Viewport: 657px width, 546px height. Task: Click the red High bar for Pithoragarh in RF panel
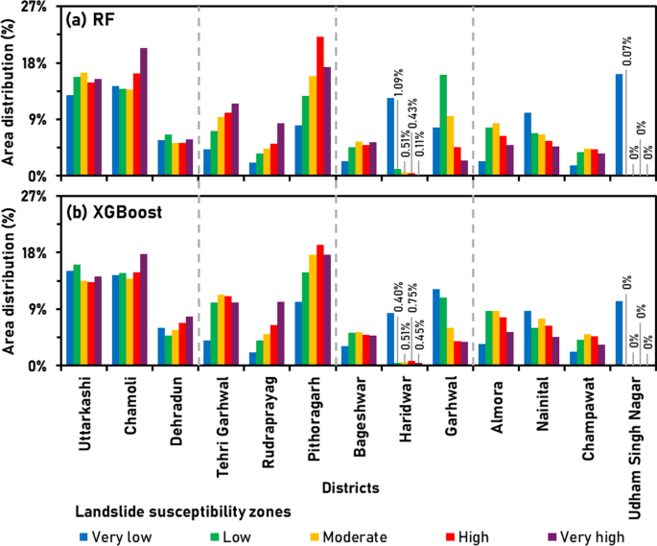(x=320, y=107)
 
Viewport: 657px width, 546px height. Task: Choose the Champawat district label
(x=592, y=411)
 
